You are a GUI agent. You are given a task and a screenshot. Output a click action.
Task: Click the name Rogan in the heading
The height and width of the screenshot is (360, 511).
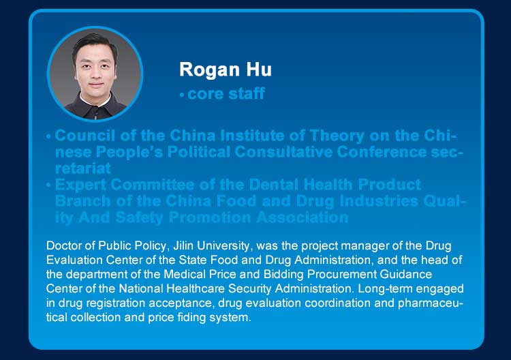click(210, 70)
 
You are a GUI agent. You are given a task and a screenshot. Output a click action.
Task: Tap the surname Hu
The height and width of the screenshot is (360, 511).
click(259, 69)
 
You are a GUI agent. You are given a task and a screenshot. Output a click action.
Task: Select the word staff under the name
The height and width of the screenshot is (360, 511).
click(247, 93)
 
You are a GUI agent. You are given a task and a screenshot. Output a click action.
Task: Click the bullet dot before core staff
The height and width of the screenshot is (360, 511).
click(182, 95)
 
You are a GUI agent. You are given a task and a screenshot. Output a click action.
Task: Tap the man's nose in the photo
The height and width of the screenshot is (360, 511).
click(95, 74)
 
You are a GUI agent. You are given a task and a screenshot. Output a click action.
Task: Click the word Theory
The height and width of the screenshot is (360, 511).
click(337, 136)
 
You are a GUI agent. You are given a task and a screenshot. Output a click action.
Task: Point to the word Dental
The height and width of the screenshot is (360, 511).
click(274, 185)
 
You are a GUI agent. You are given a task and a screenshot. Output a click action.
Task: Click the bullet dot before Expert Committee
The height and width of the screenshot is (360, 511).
click(48, 185)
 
